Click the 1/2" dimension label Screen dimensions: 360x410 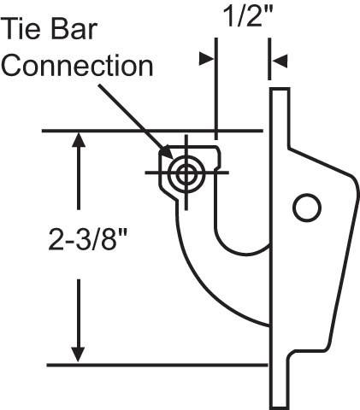pos(248,16)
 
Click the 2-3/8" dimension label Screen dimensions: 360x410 pos(87,239)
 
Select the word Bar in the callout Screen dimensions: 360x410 pos(74,28)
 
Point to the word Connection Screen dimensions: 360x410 pos(77,66)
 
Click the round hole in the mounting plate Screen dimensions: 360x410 pos(307,208)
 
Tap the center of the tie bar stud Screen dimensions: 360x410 pos(186,173)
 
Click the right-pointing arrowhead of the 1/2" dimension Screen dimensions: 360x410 pos(207,58)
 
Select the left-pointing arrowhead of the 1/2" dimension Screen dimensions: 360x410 pos(280,61)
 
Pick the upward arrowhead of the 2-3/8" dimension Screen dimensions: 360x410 pos(79,139)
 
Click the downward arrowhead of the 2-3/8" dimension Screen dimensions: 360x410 pos(78,354)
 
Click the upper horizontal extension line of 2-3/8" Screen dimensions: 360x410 pos(152,131)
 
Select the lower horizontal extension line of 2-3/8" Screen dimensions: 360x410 pos(157,365)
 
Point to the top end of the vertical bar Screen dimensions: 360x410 pos(280,89)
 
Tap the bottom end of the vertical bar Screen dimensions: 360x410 pos(280,407)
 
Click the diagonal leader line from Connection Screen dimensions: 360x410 pos(134,119)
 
